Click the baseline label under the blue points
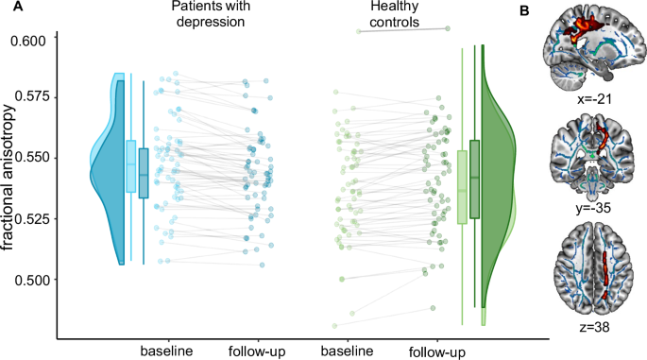click(166, 351)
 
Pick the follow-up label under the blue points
click(257, 351)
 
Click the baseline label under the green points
click(347, 351)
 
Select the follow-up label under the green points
click(436, 351)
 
